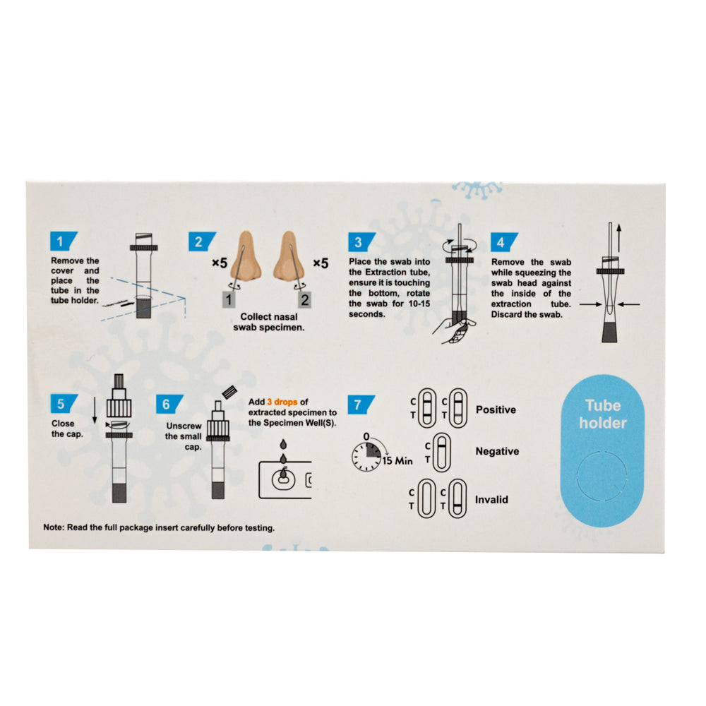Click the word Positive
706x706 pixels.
496,409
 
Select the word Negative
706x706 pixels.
497,451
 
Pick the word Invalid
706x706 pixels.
492,499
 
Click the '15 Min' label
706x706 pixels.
398,461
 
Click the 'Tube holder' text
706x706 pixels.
603,414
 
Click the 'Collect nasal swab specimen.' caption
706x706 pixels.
272,322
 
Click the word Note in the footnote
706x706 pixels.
53,527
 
